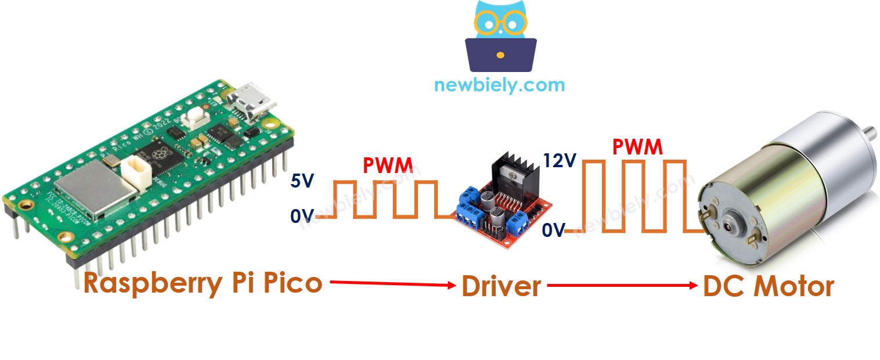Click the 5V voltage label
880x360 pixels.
pos(302,181)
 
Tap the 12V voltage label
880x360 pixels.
pos(559,160)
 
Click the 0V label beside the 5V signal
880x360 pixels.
pos(302,217)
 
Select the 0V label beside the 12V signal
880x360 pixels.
pos(553,231)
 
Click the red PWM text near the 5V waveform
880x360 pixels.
pos(388,167)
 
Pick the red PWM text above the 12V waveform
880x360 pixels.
pos(637,147)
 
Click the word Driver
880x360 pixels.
pos(501,287)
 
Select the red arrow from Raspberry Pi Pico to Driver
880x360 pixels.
pos(392,284)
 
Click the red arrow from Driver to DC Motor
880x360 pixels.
pos(621,285)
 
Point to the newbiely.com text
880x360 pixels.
pos(499,85)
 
